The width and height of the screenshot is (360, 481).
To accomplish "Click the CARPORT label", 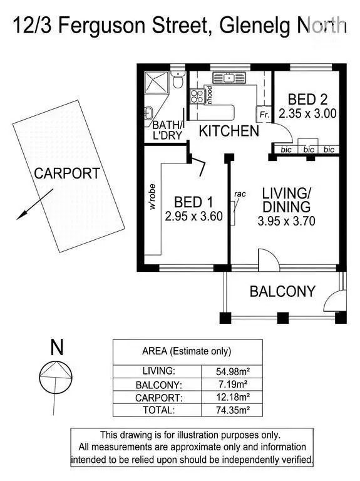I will pyautogui.click(x=66, y=174).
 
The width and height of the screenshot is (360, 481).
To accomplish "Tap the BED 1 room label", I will pyautogui.click(x=193, y=202).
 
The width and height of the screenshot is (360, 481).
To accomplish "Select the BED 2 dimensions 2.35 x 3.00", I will pyautogui.click(x=308, y=114).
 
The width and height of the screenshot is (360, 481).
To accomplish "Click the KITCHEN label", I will pyautogui.click(x=229, y=131).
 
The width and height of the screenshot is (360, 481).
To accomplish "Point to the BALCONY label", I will pyautogui.click(x=282, y=291).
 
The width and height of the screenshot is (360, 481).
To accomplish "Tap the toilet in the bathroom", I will pyautogui.click(x=178, y=81).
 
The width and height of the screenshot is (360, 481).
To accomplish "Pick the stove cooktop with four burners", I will pyautogui.click(x=197, y=96).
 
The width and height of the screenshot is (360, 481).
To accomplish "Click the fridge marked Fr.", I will pyautogui.click(x=264, y=115).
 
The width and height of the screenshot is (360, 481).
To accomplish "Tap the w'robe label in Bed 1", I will pyautogui.click(x=152, y=199).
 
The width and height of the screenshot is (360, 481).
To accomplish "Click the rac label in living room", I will pyautogui.click(x=239, y=194).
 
